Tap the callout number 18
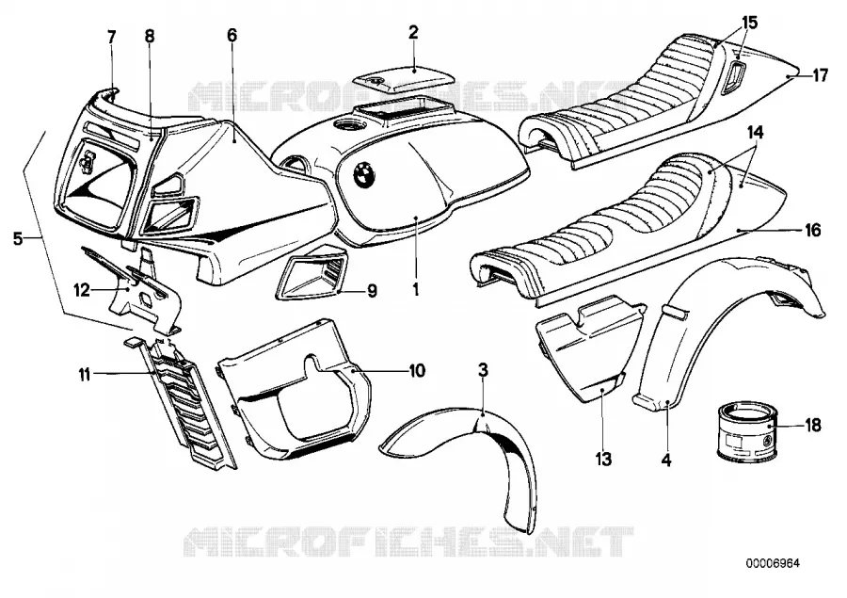[812, 426]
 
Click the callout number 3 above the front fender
[484, 370]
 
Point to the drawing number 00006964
[773, 563]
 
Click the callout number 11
[84, 374]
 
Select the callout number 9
[372, 291]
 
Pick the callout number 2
[413, 34]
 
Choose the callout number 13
[603, 460]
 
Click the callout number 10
[417, 370]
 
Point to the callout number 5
[19, 238]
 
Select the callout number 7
[112, 38]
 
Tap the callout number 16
[812, 231]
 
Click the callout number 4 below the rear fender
[666, 461]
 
